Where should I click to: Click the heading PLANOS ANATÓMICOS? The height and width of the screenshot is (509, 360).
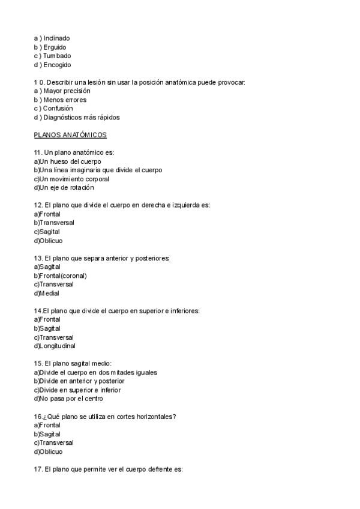[x=70, y=135]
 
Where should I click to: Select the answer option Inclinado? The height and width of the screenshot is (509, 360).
[x=56, y=38]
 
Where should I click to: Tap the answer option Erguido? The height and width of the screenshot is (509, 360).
[x=55, y=47]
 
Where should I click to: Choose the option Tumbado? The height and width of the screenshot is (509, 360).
[x=56, y=56]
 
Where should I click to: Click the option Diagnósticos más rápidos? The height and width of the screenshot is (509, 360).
[x=82, y=118]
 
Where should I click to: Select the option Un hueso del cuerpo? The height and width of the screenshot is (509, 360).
[x=70, y=161]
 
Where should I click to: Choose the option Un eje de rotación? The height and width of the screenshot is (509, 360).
[x=66, y=188]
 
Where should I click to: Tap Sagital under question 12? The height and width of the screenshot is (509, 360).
[x=49, y=232]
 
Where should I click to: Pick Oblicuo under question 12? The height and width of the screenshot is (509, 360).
[x=50, y=241]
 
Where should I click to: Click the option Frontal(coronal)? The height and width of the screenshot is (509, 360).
[x=63, y=276]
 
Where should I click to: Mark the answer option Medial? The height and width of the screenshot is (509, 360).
[x=49, y=294]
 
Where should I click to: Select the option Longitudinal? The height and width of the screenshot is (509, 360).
[x=57, y=346]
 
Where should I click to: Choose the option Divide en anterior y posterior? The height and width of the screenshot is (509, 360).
[x=82, y=381]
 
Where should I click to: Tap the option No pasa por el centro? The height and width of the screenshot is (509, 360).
[x=71, y=399]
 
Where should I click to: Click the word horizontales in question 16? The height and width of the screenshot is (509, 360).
[x=154, y=417]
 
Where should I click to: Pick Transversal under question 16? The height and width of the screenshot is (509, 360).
[x=56, y=443]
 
